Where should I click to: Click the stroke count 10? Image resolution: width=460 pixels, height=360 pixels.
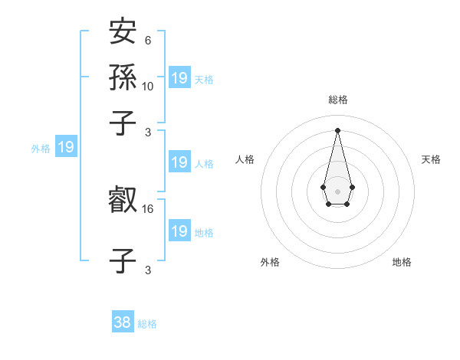point(148,87)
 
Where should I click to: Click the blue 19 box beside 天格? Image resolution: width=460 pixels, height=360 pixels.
point(179,77)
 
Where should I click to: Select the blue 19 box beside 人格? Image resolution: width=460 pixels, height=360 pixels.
point(179,162)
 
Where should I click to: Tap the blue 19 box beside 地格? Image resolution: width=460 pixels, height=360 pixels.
point(179,231)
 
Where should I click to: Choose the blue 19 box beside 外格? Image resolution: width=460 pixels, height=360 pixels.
point(66,147)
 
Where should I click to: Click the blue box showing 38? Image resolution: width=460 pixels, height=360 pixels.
point(123,322)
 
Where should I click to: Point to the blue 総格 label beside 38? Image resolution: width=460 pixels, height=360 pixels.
point(147,324)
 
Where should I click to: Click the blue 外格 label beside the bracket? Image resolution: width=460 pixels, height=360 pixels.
point(41,149)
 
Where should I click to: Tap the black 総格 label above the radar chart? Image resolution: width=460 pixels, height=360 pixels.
point(338,100)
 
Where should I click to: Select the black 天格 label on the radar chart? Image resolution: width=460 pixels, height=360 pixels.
point(431,159)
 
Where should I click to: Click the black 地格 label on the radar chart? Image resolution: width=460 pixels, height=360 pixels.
point(402,262)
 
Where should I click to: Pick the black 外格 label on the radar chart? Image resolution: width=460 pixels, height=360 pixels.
point(270,262)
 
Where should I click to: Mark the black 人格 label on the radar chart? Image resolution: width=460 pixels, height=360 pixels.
point(245,159)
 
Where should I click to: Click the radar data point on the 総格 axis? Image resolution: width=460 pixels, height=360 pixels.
point(337,129)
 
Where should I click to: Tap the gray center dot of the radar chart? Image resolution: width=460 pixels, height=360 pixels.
point(337,190)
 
